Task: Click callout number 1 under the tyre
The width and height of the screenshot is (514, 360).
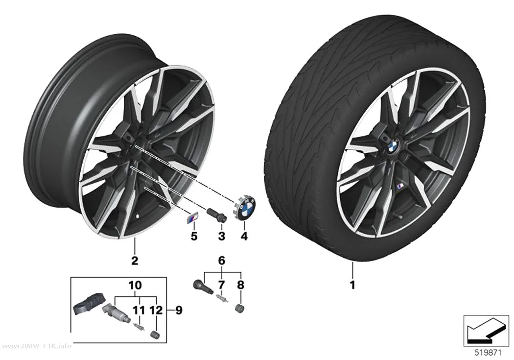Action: pos(352,285)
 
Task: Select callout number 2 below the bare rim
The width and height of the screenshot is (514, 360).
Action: pos(135,261)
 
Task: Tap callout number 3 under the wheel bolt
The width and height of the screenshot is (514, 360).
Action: pos(222,236)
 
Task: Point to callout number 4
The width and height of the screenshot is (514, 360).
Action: pos(244,236)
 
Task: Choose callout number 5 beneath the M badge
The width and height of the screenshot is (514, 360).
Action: pos(194,236)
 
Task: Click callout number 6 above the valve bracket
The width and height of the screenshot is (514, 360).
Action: pos(222,261)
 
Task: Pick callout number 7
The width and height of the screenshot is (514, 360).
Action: pos(222,285)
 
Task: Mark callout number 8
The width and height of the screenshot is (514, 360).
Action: pos(241,285)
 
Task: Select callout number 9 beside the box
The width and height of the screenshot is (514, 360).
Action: pos(179,310)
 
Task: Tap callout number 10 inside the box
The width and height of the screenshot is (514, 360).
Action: pos(135,285)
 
